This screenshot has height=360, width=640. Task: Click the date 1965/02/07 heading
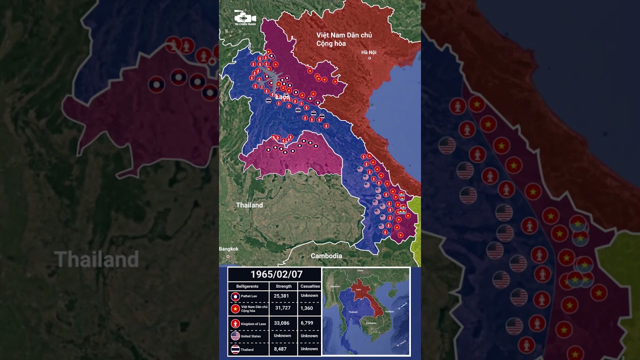[x=274, y=274]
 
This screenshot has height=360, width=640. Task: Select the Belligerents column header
[x=247, y=286]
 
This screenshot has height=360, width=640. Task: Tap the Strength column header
[x=283, y=286]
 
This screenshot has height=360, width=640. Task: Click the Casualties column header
[x=309, y=286]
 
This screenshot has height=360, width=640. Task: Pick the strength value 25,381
[x=281, y=296]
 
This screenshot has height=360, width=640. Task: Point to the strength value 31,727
[x=282, y=307]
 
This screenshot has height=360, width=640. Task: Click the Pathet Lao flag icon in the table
[x=235, y=296]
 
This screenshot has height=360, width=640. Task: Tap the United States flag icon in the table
[x=235, y=336]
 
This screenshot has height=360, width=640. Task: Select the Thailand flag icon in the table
[x=235, y=349]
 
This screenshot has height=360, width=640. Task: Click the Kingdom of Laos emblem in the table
[x=235, y=323]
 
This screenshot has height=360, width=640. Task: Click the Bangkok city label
[x=228, y=249]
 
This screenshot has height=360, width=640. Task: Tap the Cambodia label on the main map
[x=326, y=256]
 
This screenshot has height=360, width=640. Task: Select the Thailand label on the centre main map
[x=249, y=205]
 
